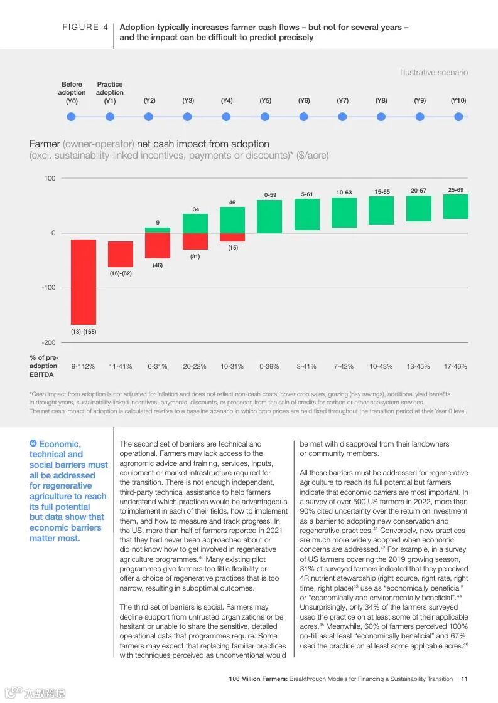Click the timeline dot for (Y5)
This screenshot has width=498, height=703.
point(265,117)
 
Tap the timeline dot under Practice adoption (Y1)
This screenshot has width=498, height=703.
point(110,117)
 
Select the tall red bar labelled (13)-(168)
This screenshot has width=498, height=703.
point(84,282)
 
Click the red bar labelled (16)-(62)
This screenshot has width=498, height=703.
point(121,254)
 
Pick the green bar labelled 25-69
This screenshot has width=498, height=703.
point(456,206)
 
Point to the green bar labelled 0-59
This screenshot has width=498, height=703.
point(269,216)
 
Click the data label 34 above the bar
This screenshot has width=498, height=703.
point(196,209)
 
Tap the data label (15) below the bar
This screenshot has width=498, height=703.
point(233,248)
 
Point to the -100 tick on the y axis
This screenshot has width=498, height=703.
point(48,288)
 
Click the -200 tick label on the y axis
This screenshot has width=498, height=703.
point(48,343)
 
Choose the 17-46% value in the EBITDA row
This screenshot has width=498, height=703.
point(455,366)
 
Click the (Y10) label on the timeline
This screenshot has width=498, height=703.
point(458,101)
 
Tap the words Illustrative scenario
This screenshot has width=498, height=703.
point(434,73)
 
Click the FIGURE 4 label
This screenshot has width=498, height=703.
point(85,28)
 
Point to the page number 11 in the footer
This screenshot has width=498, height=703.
point(464,679)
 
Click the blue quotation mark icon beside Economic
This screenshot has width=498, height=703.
point(33,444)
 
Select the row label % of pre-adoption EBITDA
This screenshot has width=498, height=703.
point(43,366)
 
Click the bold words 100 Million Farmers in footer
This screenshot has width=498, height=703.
point(257,679)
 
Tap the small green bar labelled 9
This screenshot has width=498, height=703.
point(158,230)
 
